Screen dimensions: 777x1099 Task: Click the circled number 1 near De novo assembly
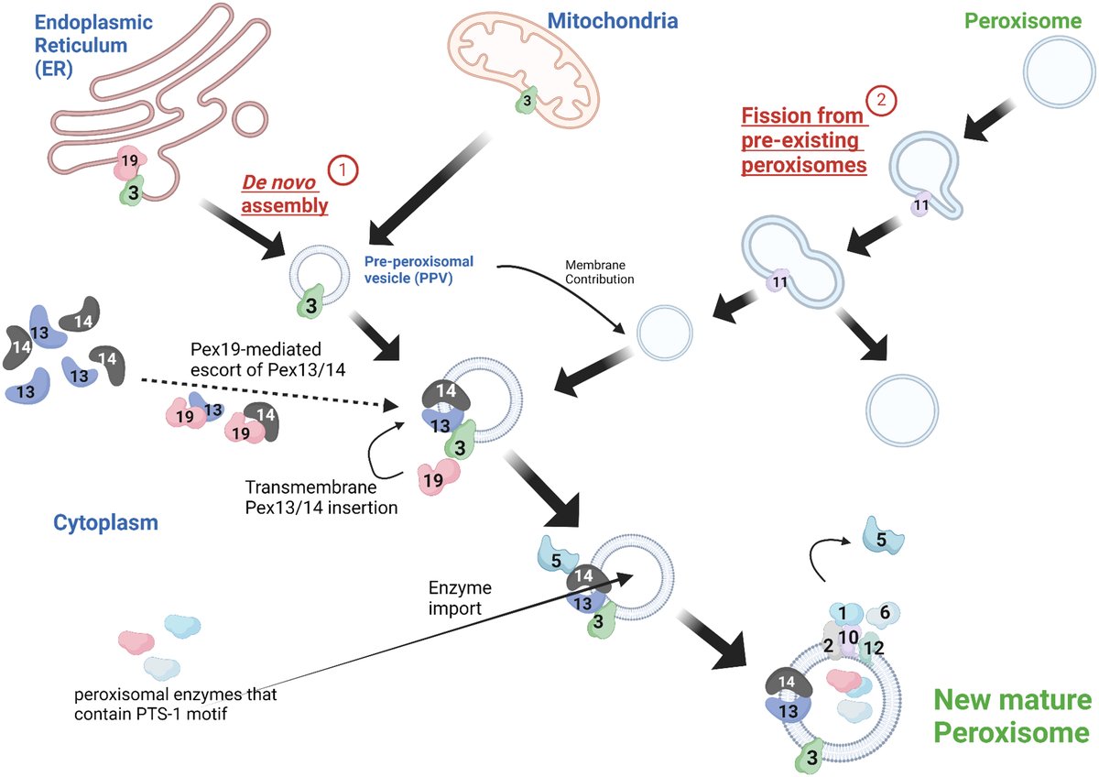(x=343, y=170)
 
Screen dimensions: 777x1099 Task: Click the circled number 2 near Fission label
(x=884, y=101)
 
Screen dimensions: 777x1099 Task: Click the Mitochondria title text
(x=613, y=19)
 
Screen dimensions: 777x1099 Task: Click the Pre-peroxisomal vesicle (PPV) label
(x=422, y=266)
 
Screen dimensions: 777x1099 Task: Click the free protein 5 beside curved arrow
(x=880, y=540)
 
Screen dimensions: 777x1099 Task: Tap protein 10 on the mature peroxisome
(x=847, y=637)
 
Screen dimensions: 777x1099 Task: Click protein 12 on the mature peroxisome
(x=874, y=648)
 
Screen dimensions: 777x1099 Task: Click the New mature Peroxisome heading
(x=1012, y=717)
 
